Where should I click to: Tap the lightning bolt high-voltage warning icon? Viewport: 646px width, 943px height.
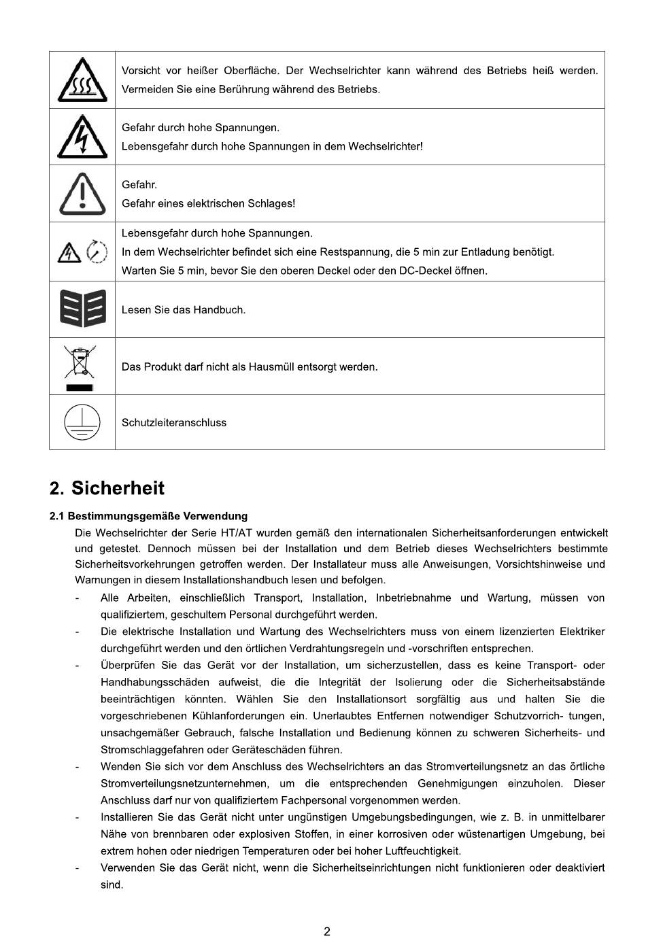[x=82, y=137]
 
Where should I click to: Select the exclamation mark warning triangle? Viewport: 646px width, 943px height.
[x=82, y=194]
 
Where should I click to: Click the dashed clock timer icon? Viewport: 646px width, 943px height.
[x=98, y=252]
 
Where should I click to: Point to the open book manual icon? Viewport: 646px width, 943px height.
[x=82, y=309]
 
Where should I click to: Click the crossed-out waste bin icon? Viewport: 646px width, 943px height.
[x=80, y=362]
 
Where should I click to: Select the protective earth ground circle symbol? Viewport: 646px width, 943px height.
[x=82, y=422]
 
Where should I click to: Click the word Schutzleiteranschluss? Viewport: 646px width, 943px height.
[x=174, y=423]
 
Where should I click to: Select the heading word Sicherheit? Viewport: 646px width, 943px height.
[x=118, y=488]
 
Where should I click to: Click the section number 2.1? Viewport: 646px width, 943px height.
[x=56, y=516]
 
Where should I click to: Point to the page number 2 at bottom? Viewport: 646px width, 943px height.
[x=327, y=932]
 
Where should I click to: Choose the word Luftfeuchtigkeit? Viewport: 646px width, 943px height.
[x=423, y=851]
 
